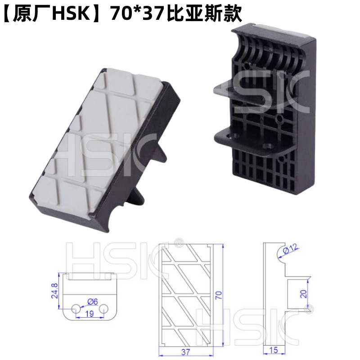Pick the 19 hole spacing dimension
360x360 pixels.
tap(90, 314)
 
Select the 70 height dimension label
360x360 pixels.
tap(219, 295)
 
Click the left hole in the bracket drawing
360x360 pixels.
tap(76, 308)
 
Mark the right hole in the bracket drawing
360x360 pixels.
tap(104, 308)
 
